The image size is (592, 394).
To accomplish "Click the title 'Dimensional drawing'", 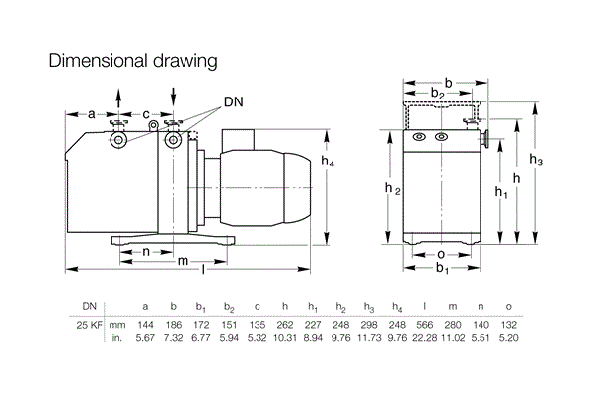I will pos(133,62).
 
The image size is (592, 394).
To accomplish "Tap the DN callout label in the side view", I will pos(233,101).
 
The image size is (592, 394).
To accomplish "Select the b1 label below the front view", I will pos(443,268).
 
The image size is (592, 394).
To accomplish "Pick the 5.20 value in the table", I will pos(508,338).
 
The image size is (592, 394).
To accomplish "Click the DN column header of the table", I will pos(90,306).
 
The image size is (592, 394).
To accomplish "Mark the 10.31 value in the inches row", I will pos(284,338).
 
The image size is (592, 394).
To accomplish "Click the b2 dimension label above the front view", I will pos(436,93).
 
